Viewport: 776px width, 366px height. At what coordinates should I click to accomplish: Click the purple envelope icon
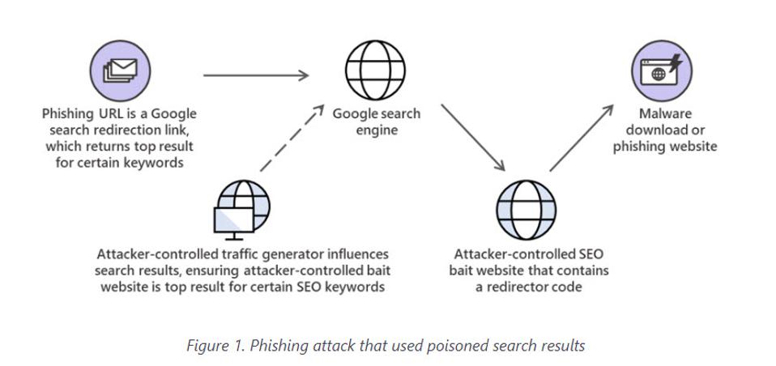point(119,70)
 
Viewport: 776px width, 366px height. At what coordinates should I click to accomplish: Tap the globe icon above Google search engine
point(376,70)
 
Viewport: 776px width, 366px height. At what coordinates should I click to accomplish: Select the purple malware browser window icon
point(661,70)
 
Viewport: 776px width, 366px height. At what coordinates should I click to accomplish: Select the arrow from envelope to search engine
point(256,76)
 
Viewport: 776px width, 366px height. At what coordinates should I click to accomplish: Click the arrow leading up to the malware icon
point(582,138)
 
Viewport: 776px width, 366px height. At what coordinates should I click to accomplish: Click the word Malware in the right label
point(665,113)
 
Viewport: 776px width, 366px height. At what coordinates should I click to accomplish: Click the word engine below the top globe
point(377,130)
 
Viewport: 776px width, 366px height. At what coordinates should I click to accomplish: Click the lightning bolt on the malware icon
point(676,63)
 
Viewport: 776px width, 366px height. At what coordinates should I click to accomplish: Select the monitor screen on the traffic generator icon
point(232,220)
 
